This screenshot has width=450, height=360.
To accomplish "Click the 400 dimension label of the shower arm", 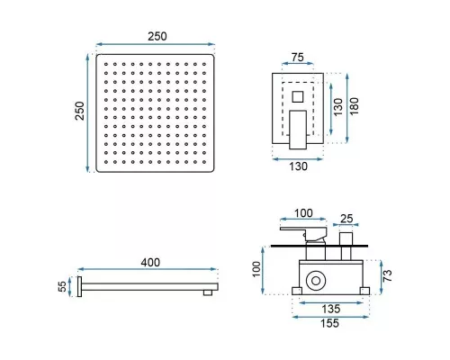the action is (x=150, y=263).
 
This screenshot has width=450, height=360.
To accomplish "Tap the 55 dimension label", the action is (x=62, y=286).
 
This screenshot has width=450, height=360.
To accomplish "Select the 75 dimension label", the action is (x=297, y=57).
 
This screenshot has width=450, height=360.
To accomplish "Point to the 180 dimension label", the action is (x=354, y=106).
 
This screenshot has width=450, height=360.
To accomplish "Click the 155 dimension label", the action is (x=330, y=323).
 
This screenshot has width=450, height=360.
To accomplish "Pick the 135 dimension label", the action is (x=331, y=309).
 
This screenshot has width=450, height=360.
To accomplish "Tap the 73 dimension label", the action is (x=387, y=275).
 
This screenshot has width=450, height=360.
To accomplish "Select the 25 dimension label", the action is (x=346, y=219).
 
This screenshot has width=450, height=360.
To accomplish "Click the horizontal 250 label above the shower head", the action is (x=157, y=37).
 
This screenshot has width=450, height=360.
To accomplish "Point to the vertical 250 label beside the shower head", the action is (x=80, y=111).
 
